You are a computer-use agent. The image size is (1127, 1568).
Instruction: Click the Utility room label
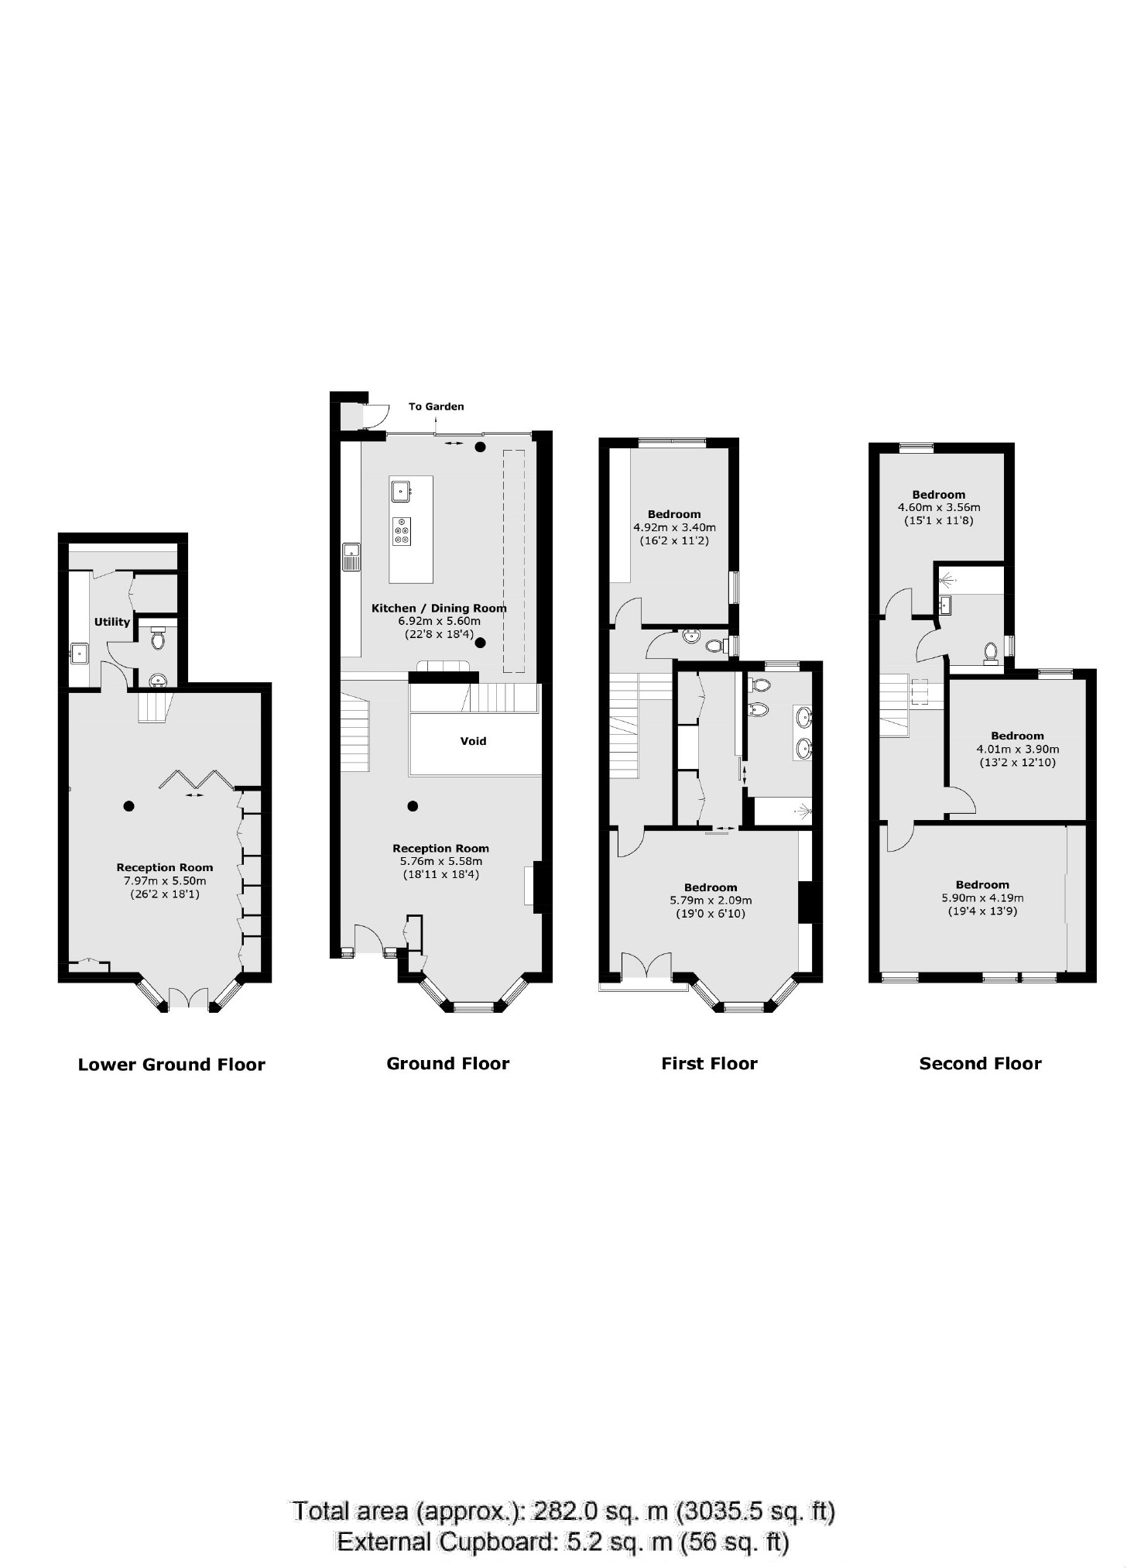pyautogui.click(x=112, y=622)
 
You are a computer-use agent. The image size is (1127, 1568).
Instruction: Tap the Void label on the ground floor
pyautogui.click(x=473, y=741)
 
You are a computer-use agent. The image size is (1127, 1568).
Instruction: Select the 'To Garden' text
pyautogui.click(x=436, y=407)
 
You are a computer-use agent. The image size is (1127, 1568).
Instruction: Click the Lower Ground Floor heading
pyautogui.click(x=171, y=1065)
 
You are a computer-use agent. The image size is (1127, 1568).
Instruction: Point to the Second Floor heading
pyautogui.click(x=980, y=1064)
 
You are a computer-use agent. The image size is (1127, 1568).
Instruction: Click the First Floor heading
pyautogui.click(x=709, y=1064)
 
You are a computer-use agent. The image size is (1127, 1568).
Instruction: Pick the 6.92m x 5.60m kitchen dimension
pyautogui.click(x=439, y=621)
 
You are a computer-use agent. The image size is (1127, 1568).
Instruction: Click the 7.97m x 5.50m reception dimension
pyautogui.click(x=164, y=881)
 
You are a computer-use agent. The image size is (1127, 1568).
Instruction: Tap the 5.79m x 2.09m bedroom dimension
pyautogui.click(x=711, y=901)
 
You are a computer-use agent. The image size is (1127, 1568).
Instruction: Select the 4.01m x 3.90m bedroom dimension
pyautogui.click(x=1017, y=750)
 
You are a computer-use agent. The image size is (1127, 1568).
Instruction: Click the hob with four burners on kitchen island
pyautogui.click(x=402, y=531)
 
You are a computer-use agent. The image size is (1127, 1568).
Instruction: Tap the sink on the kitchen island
pyautogui.click(x=401, y=490)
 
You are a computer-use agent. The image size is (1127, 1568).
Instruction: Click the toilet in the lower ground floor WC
pyautogui.click(x=159, y=640)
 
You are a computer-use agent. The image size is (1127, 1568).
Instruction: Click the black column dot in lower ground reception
pyautogui.click(x=128, y=806)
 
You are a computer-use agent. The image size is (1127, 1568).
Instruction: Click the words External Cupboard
pyautogui.click(x=446, y=1542)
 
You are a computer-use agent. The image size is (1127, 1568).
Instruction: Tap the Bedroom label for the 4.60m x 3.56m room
pyautogui.click(x=938, y=495)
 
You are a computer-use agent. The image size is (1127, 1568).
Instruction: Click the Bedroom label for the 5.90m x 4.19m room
pyautogui.click(x=982, y=885)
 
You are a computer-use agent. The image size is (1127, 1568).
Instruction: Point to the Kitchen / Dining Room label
pyautogui.click(x=439, y=609)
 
